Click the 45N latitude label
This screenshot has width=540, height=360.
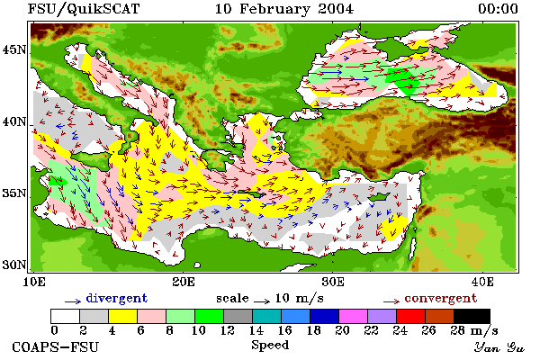tap(14, 50)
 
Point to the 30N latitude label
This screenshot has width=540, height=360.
tap(14, 265)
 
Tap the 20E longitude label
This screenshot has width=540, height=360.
tap(184, 282)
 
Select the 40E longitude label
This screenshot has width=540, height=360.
tap(482, 282)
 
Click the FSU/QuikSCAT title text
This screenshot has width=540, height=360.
tap(84, 9)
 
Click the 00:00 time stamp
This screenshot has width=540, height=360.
tap(498, 9)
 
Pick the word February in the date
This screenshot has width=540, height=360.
tap(274, 9)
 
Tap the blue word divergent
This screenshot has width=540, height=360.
tap(116, 298)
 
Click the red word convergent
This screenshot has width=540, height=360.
tap(441, 298)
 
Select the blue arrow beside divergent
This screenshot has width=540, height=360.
tap(73, 301)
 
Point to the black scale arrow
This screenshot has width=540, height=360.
tap(262, 301)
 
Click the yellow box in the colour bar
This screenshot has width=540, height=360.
tap(123, 316)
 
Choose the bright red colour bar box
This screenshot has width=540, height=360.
tap(411, 316)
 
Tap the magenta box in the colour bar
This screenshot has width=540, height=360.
tap(354, 316)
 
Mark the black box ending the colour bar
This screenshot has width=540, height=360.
tap(472, 316)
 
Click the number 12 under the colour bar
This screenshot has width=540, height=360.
tap(228, 330)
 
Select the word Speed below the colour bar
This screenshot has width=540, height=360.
tap(270, 346)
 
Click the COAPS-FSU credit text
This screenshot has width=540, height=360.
tap(56, 346)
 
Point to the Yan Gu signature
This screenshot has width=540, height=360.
tap(499, 347)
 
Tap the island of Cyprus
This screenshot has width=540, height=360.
tap(379, 197)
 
